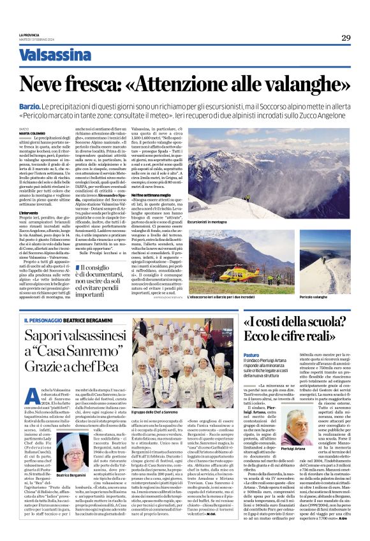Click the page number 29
click(345, 38)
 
